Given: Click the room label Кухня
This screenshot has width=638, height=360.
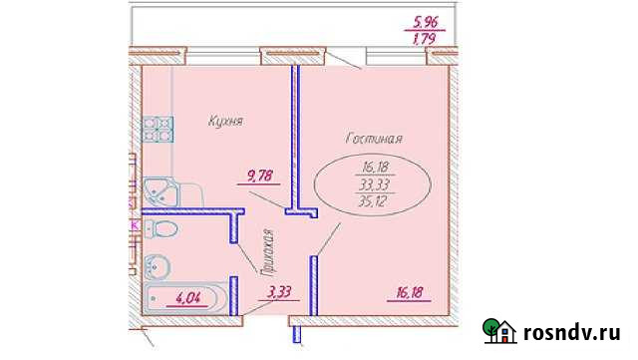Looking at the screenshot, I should tap(226, 121).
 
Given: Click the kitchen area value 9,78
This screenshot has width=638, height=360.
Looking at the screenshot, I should tap(262, 179).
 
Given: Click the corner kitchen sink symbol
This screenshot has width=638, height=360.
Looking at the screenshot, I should tap(158, 188).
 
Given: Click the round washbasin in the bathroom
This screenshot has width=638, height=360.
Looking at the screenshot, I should tap(157, 266).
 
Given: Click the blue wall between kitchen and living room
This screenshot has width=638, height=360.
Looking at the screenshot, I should tap(296, 140).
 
